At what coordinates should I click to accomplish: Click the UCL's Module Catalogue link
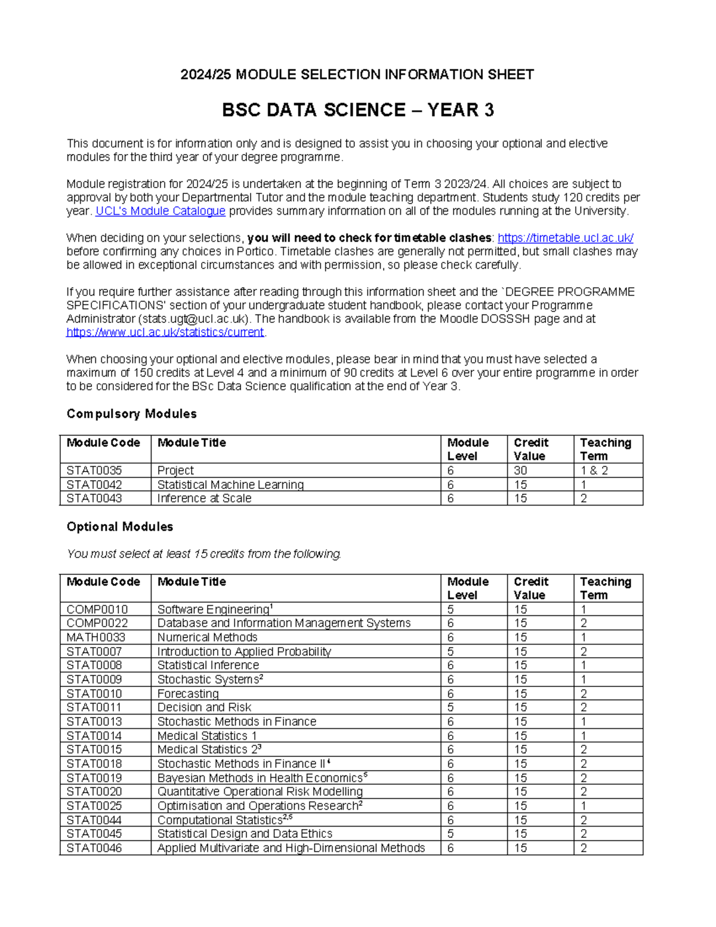click(x=160, y=211)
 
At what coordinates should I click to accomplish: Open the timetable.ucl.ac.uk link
click(x=565, y=238)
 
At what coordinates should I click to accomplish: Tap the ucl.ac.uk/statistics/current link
click(x=165, y=332)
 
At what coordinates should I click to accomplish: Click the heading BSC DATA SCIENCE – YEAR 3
click(x=357, y=110)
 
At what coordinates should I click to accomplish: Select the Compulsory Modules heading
click(x=131, y=414)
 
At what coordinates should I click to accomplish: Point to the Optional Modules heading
click(x=119, y=526)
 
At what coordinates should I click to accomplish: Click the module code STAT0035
click(x=94, y=470)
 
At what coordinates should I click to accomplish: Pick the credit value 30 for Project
click(x=520, y=470)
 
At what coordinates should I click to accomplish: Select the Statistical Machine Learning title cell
click(x=230, y=485)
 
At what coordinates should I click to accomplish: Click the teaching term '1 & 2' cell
click(x=594, y=470)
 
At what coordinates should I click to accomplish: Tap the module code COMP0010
click(x=97, y=609)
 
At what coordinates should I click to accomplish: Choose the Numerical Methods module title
click(x=207, y=637)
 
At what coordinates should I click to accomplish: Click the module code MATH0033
click(x=95, y=637)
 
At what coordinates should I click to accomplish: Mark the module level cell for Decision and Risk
click(x=451, y=707)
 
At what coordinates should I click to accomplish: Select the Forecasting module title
click(x=188, y=694)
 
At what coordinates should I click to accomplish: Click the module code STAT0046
click(x=94, y=848)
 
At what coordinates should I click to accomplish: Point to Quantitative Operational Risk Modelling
click(x=260, y=792)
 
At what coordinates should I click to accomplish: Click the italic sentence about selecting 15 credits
click(x=204, y=554)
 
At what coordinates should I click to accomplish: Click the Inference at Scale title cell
click(x=204, y=498)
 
